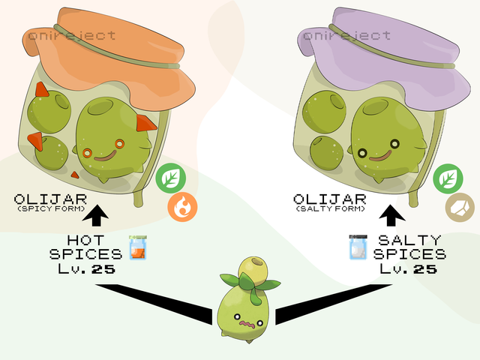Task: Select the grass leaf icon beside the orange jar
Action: (171, 179)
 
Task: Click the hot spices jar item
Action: (136, 247)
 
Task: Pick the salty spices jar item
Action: (358, 247)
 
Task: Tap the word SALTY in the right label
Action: (411, 241)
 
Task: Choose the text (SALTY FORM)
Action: (331, 208)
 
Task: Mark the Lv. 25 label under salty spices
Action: (409, 268)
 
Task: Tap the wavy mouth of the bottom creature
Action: (245, 323)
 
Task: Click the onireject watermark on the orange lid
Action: (72, 35)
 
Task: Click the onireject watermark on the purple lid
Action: (347, 35)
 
